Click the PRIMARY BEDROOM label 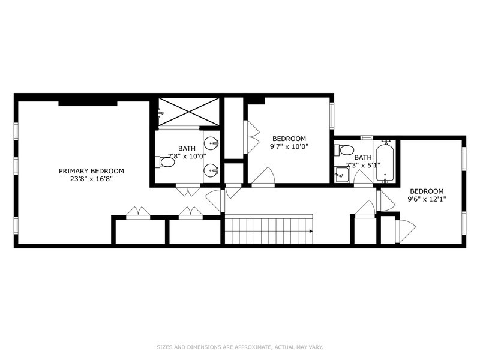91,171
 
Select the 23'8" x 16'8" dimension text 92,179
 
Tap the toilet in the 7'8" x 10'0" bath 164,162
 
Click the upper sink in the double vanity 212,143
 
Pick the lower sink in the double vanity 212,169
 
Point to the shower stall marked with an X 189,112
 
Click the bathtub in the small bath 385,163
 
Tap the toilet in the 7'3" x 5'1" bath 344,150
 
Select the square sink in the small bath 341,175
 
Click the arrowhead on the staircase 311,231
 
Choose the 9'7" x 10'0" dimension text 289,146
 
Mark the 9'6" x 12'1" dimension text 427,199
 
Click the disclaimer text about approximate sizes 240,347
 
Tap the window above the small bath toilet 367,137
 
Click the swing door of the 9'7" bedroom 263,177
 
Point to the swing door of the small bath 364,178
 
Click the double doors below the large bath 188,190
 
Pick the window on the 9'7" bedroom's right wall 332,115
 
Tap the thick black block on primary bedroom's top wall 88,104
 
